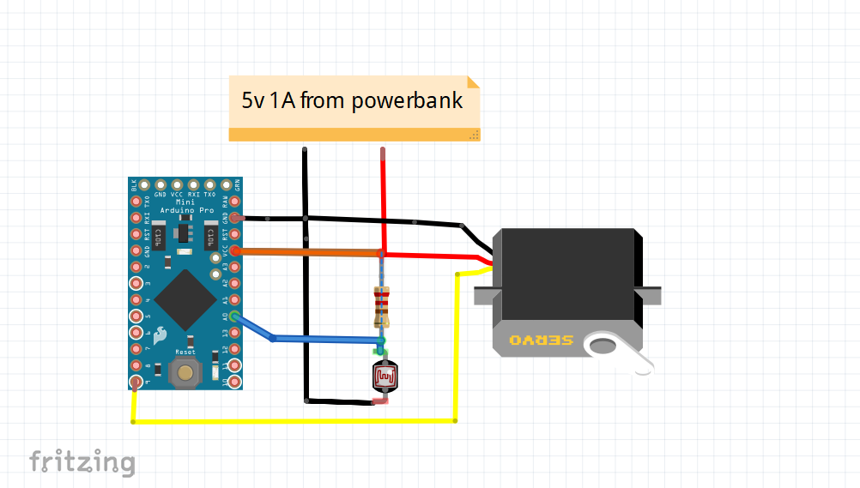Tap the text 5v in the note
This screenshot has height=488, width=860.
click(254, 100)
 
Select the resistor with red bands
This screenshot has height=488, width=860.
click(382, 304)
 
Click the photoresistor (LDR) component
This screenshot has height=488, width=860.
click(385, 377)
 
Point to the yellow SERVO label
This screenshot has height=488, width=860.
click(541, 340)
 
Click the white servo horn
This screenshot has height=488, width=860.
click(615, 348)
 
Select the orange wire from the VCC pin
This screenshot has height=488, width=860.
click(309, 252)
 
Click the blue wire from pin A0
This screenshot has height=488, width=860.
click(326, 339)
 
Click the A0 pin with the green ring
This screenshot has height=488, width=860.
click(234, 317)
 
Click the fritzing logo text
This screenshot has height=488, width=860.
click(82, 462)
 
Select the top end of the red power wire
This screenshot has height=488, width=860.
click(383, 152)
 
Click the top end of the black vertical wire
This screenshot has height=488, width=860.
click(305, 151)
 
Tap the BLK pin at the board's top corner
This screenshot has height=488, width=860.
click(135, 184)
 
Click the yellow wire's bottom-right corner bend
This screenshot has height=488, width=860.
click(455, 420)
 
